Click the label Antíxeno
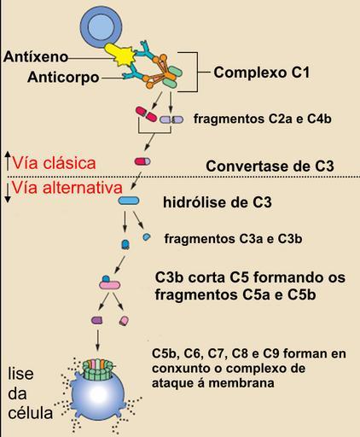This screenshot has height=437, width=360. click(x=36, y=56)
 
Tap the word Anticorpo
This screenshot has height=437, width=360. click(x=63, y=77)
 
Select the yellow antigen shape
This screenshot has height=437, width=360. click(x=120, y=55)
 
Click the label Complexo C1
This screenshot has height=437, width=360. click(x=262, y=73)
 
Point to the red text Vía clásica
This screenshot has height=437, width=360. click(x=54, y=163)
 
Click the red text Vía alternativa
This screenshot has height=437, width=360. click(x=67, y=188)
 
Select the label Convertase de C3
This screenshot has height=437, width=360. click(x=270, y=166)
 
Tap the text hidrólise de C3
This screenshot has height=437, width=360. click(x=218, y=202)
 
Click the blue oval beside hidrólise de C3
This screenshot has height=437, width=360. click(x=129, y=201)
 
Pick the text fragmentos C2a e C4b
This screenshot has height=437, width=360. click(x=263, y=119)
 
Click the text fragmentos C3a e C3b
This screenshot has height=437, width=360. click(x=233, y=239)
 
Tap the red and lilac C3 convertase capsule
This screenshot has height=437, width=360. click(x=142, y=161)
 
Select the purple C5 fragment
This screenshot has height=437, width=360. click(x=97, y=320)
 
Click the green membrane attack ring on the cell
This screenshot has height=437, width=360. click(x=97, y=370)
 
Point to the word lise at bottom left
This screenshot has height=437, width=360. click(x=20, y=374)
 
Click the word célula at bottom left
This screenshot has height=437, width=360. click(x=30, y=412)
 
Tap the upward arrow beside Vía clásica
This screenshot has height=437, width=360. click(x=8, y=161)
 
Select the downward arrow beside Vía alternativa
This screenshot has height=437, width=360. click(x=8, y=193)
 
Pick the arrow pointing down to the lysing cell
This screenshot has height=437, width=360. click(x=97, y=341)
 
